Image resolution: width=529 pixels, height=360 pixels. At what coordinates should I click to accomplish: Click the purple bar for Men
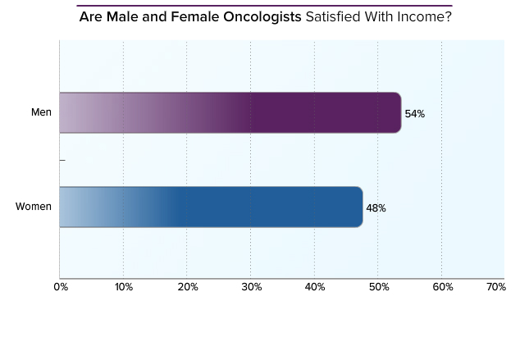pos(230,113)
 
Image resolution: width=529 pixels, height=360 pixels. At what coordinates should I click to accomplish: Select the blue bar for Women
pos(211,207)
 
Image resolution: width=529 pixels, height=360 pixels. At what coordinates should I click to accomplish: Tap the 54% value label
pos(414,114)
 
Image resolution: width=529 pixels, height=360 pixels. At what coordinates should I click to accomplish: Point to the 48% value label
pos(376,208)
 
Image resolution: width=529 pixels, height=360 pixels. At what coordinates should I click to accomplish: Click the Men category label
pos(41,112)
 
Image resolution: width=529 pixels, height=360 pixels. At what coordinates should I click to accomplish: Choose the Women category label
pos(34,207)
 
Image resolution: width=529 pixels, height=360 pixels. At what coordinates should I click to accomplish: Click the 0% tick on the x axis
pos(61,287)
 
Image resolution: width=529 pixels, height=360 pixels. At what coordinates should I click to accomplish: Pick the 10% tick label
pos(123,287)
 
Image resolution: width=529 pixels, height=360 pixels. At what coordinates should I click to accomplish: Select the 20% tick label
pos(187,287)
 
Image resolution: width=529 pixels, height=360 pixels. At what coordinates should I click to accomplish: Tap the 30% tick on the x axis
pos(251,287)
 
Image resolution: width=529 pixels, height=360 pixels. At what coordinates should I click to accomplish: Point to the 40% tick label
pos(315,287)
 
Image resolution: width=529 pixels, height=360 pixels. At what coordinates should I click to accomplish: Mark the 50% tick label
pos(378,287)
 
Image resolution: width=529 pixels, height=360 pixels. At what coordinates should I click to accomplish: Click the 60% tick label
pos(442,287)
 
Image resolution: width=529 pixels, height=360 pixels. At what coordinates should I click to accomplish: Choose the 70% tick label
pos(495,287)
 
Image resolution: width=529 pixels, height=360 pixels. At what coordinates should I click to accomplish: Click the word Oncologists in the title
pos(262,16)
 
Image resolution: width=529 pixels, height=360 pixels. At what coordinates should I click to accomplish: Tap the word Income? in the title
pos(426,16)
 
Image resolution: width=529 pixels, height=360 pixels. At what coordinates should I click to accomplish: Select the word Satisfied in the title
pos(331,16)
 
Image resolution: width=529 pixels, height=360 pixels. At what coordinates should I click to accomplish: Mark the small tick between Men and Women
pos(62,160)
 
